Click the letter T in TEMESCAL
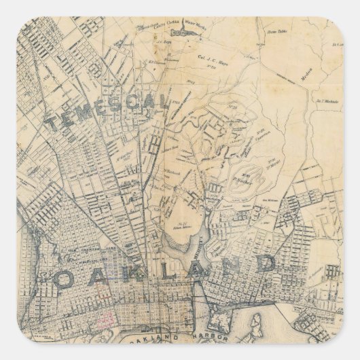click(54, 123)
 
